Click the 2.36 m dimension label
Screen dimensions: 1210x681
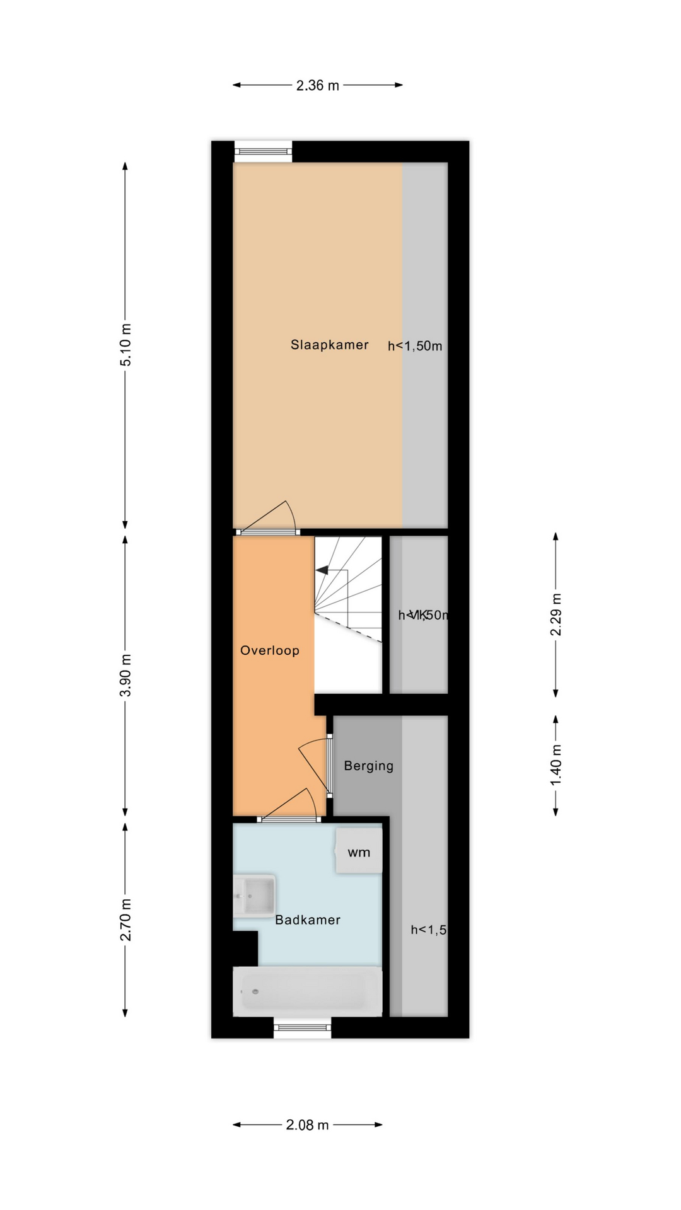(x=317, y=85)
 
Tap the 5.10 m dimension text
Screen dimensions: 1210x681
(x=126, y=344)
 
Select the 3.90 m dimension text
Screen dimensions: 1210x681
(x=126, y=675)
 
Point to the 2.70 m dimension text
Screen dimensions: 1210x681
(x=126, y=919)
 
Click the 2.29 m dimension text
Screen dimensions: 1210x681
(x=556, y=614)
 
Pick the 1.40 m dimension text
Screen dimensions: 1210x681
(x=556, y=764)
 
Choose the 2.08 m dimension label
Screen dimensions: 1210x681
(x=307, y=1125)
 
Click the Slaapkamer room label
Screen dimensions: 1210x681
(x=329, y=345)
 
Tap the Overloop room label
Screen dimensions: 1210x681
(x=269, y=650)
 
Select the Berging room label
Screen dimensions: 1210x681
(x=368, y=766)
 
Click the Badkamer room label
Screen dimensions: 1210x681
(x=307, y=920)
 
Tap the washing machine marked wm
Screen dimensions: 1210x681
(x=359, y=851)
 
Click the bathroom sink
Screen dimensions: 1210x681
(x=255, y=895)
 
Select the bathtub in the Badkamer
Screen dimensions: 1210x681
(x=307, y=991)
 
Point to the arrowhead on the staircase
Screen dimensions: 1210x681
(x=322, y=570)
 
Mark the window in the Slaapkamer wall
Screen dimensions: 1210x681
(x=263, y=151)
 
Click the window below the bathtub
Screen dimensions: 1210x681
(x=303, y=1028)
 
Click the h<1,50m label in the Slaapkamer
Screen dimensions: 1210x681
(x=415, y=346)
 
